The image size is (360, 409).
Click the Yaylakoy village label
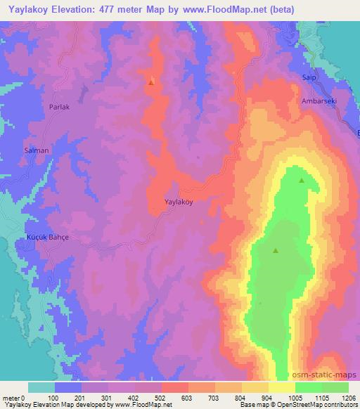point(178,201)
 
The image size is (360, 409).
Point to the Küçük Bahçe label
point(46,238)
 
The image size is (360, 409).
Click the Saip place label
point(309,78)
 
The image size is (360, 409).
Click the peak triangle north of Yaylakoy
point(151,82)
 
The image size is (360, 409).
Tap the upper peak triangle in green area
point(302,181)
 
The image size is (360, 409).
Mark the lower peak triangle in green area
point(276,249)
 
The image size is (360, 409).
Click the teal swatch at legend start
point(41,387)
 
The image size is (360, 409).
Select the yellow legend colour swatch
point(282,387)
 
